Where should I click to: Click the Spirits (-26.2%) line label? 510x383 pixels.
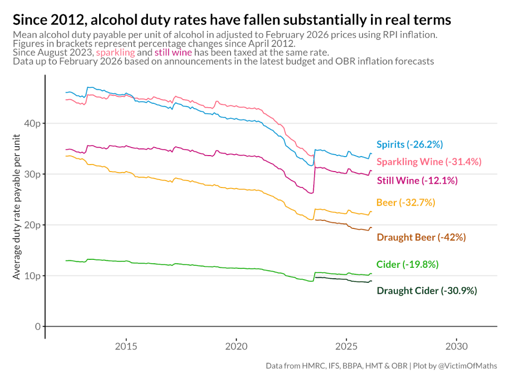[x=409, y=145]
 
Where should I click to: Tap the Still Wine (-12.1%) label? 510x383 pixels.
[x=417, y=181]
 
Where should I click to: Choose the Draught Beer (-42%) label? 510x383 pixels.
[x=421, y=237]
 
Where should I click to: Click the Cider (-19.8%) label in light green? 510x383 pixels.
[x=407, y=264]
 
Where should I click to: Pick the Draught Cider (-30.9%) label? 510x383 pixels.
[x=427, y=291]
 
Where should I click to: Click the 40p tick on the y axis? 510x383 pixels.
[x=33, y=123]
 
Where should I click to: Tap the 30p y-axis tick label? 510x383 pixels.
[x=33, y=174]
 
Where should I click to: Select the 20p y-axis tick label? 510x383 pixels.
[x=33, y=225]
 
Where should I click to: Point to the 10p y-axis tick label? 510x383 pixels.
[x=33, y=276]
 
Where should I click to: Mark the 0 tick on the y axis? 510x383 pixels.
[x=37, y=327]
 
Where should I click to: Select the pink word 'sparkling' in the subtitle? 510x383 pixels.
[x=115, y=52]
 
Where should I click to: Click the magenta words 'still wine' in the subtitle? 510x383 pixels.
[x=173, y=52]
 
